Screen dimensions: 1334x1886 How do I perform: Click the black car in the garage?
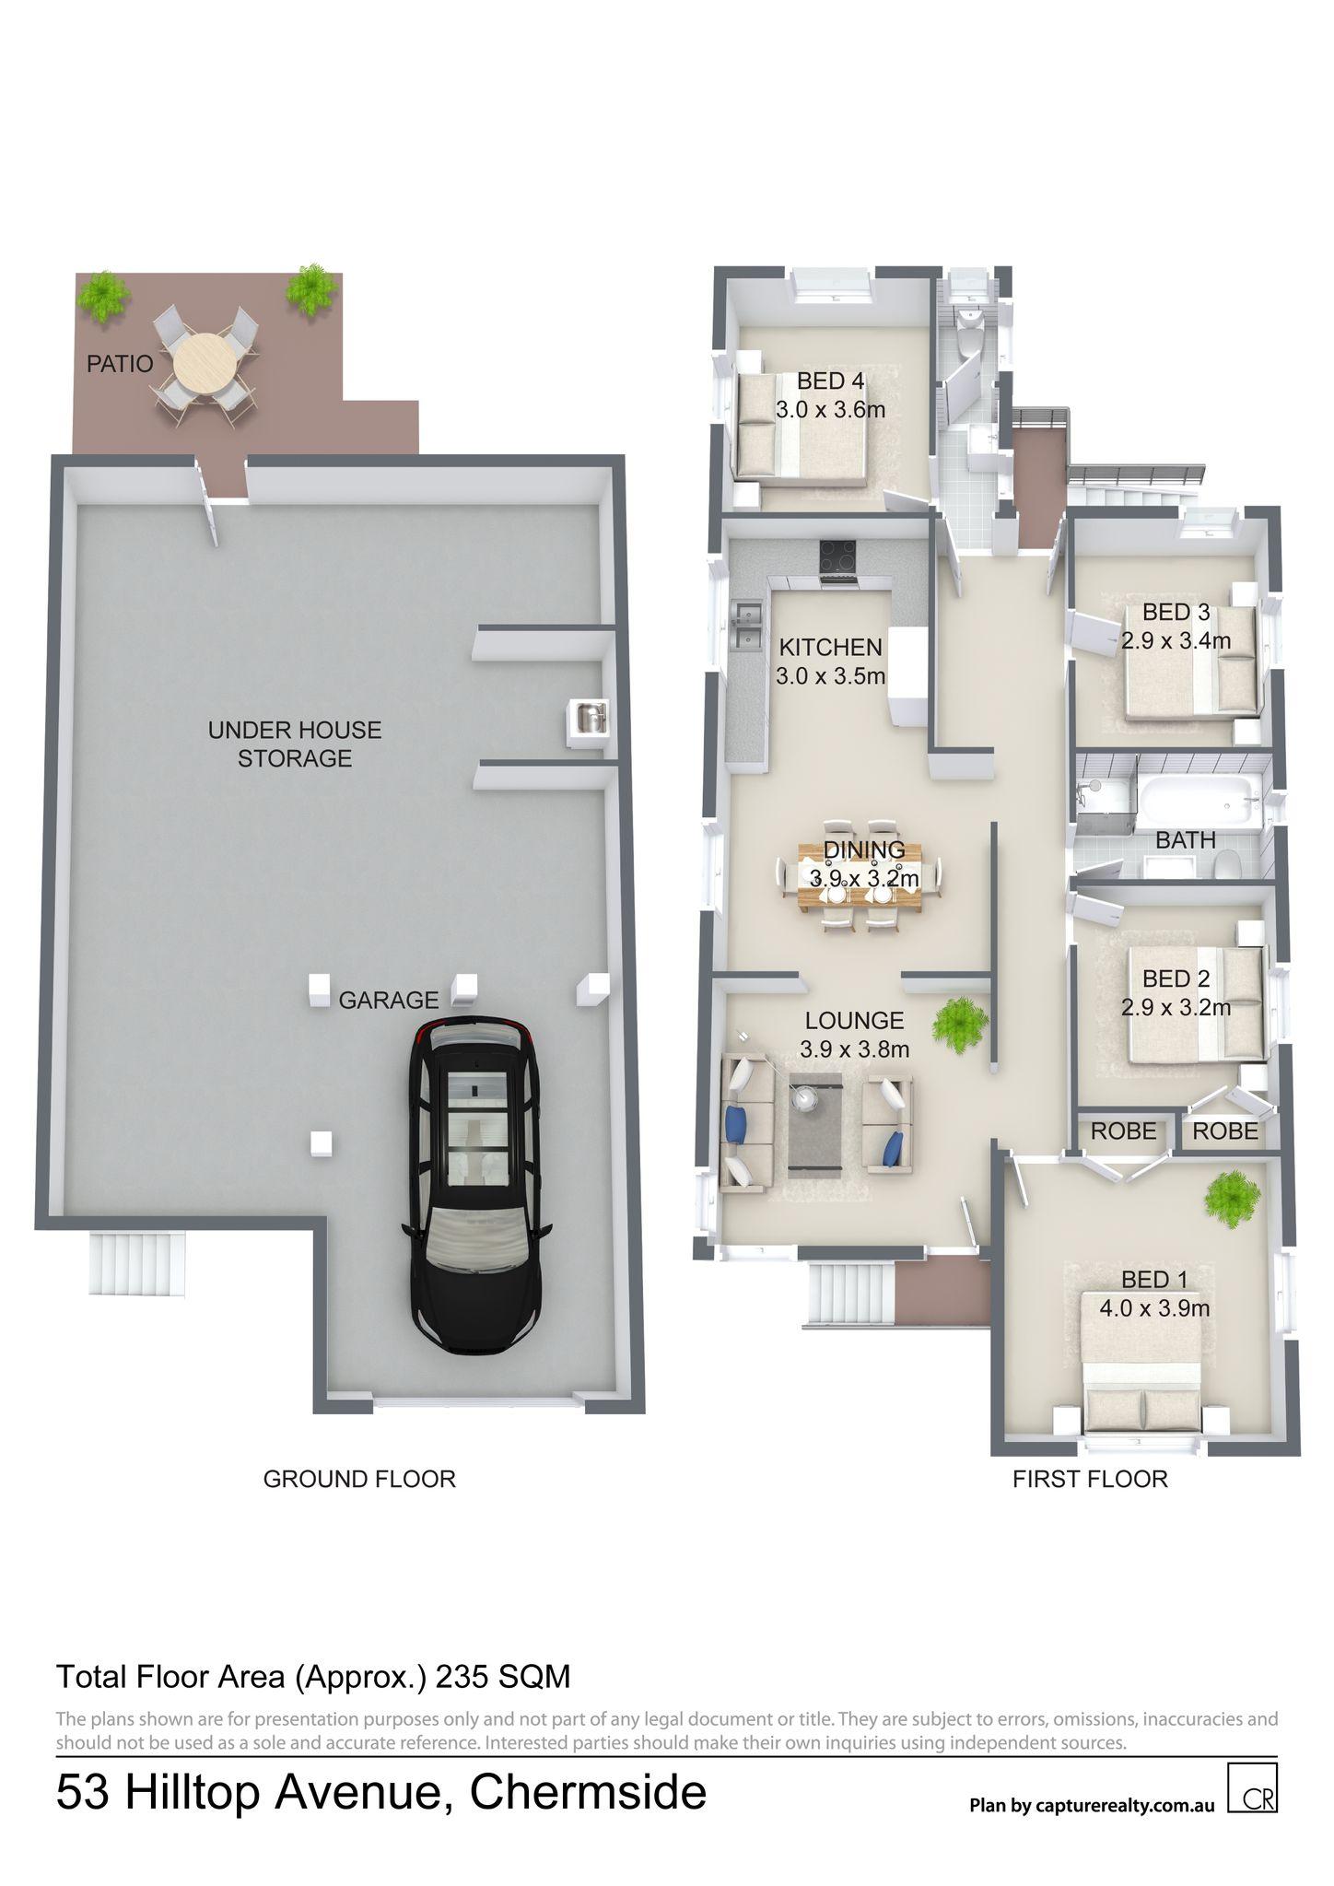[x=475, y=1185]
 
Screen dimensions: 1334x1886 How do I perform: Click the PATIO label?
[x=120, y=364]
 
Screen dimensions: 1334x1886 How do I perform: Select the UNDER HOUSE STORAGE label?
[x=294, y=744]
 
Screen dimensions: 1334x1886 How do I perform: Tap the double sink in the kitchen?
[x=746, y=625]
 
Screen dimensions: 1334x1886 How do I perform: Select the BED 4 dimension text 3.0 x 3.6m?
[x=830, y=410]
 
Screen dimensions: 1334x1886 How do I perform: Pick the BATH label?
[x=1186, y=839]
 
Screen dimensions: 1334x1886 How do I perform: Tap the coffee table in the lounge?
[x=814, y=1125]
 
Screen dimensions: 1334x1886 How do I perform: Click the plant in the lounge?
[x=961, y=1024]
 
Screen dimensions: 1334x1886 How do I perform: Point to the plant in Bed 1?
[x=1232, y=1198]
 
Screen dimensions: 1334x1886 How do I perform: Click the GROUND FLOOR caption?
[x=359, y=1479]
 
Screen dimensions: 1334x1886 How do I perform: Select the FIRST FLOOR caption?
[x=1090, y=1479]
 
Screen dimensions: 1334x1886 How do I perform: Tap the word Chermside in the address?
[x=588, y=1792]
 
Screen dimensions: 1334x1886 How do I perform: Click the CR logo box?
[x=1253, y=1787]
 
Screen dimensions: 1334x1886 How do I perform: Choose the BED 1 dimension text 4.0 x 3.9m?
[x=1154, y=1307]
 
